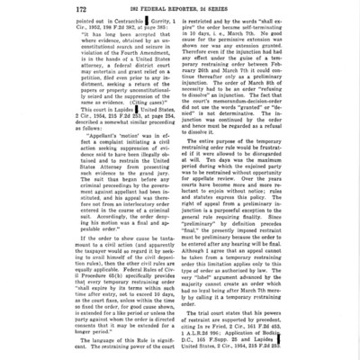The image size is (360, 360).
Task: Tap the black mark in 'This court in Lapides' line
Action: (107, 138)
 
